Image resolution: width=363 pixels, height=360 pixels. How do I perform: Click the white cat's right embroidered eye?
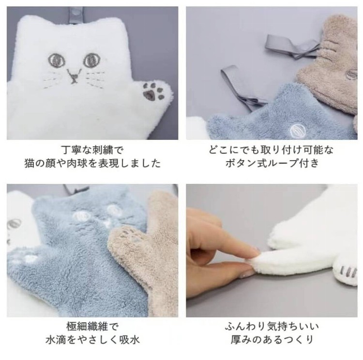coord(92,60)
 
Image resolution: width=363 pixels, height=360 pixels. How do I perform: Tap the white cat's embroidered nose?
coord(75,75)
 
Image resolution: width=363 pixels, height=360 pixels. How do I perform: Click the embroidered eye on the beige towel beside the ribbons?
coord(351,74)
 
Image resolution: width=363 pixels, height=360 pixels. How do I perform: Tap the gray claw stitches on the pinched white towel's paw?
coord(348,272)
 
